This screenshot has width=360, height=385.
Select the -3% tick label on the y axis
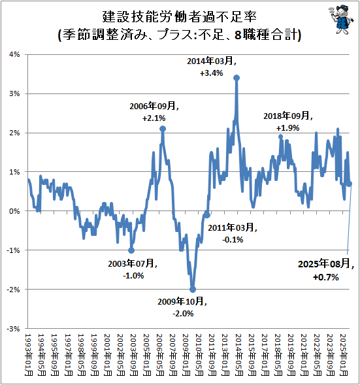pos(13,328)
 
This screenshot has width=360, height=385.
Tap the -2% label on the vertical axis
pos(13,289)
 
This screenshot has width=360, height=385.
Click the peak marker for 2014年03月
pos(236,78)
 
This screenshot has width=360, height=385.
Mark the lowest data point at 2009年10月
pos(193,289)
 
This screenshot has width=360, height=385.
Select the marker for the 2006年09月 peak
pos(163,129)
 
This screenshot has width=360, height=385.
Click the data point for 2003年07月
pos(131,250)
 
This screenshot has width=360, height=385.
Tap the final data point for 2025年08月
pos(350,184)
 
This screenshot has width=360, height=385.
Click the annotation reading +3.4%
pos(211,73)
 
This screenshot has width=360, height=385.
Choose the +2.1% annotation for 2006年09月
pos(154,118)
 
